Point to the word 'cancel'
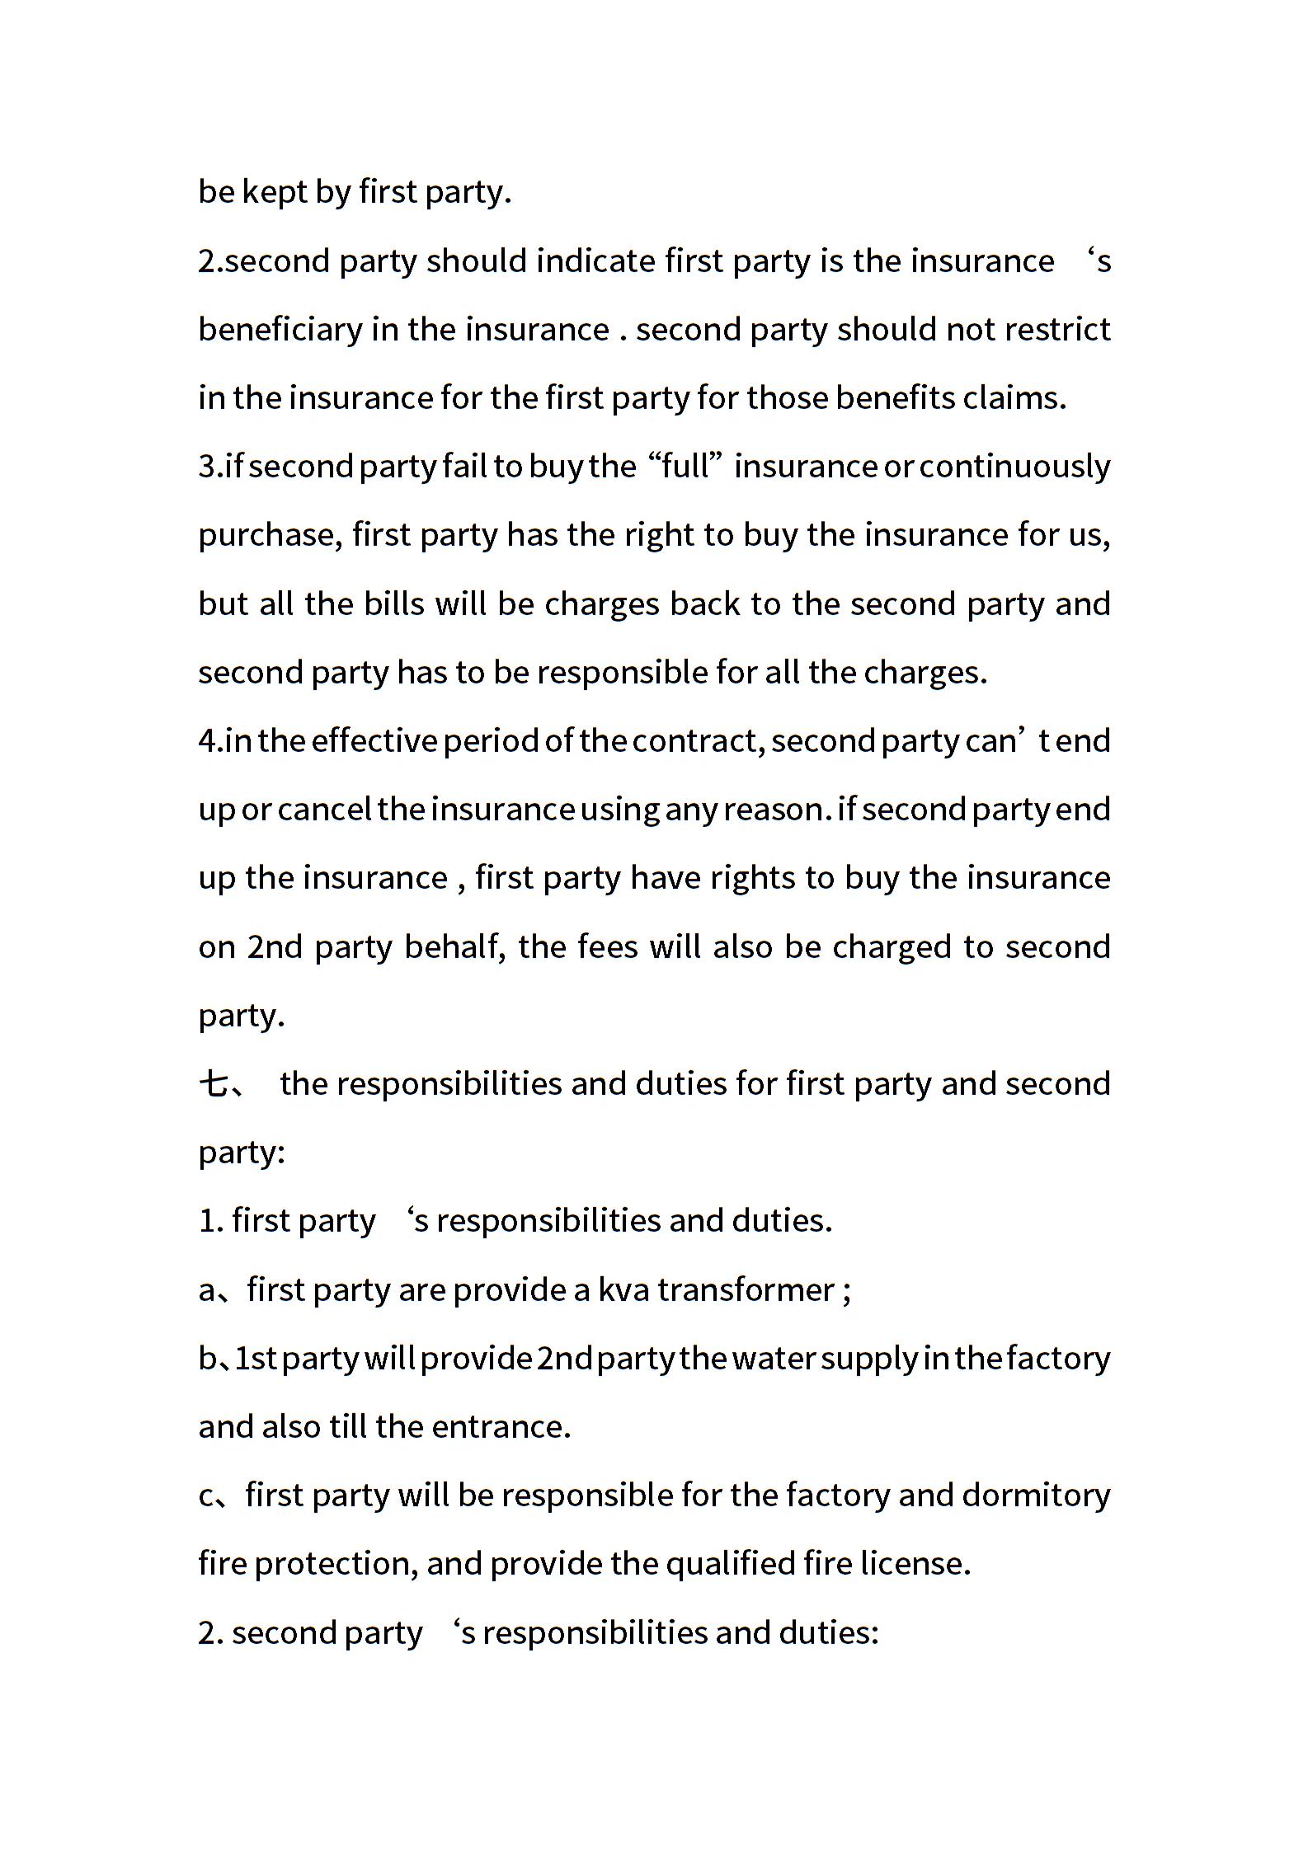tap(324, 810)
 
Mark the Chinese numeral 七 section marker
tap(214, 1084)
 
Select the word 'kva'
tap(623, 1290)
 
